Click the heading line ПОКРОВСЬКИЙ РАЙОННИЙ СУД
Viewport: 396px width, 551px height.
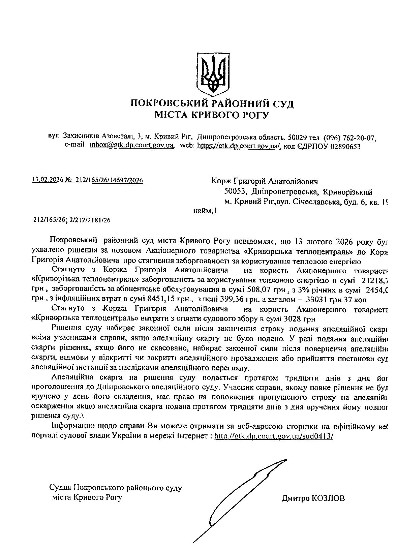[212, 103]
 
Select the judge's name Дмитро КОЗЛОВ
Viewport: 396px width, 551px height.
[313, 498]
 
